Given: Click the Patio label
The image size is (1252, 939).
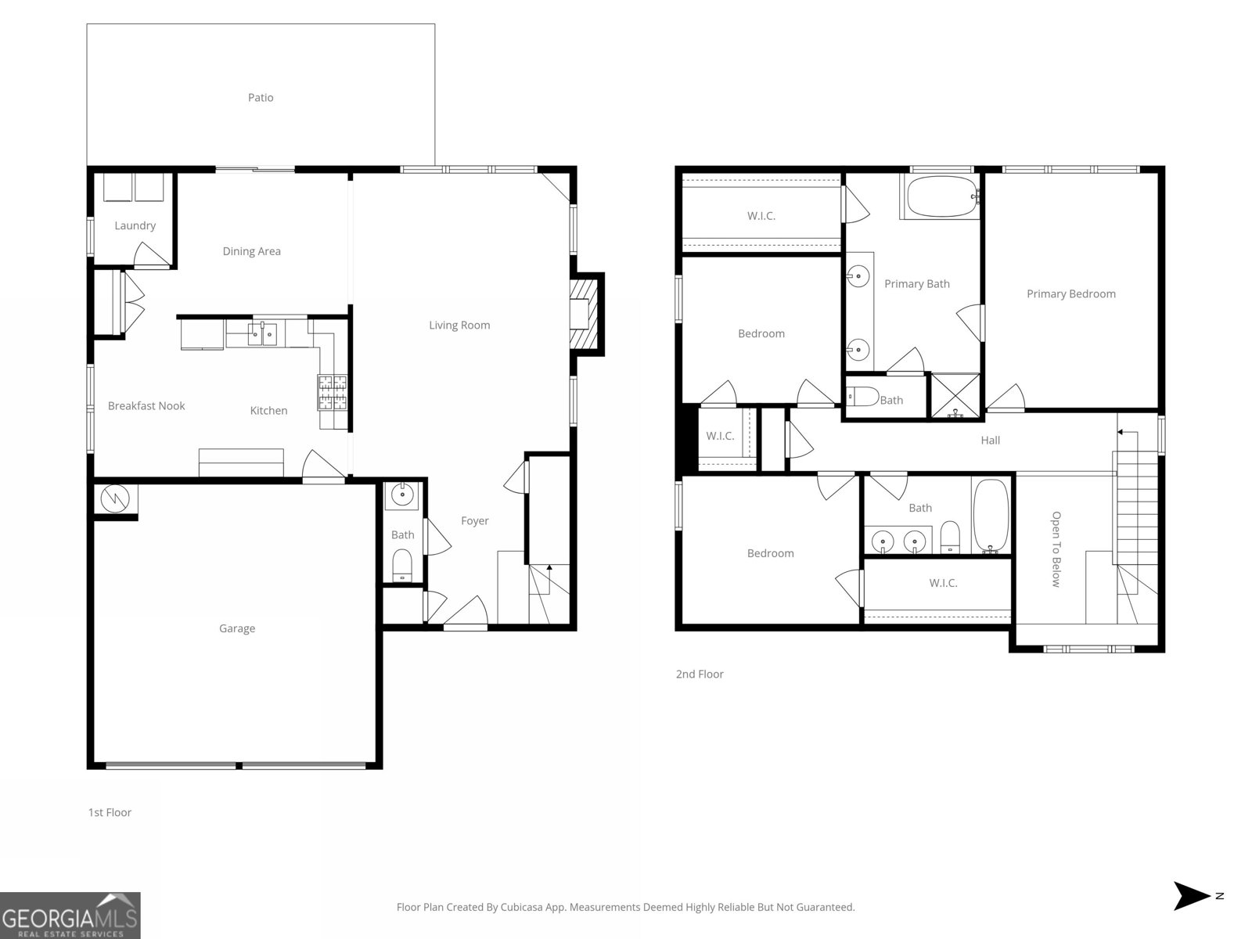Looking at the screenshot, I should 261,98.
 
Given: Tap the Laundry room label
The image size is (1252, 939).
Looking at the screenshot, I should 135,225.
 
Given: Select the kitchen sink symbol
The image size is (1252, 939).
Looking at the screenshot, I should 262,334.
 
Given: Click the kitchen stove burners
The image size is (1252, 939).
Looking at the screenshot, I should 332,393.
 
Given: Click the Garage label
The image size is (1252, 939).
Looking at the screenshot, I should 236,628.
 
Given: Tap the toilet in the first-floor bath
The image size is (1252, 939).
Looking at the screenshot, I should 402,564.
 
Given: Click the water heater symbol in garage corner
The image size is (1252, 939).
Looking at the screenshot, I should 115,498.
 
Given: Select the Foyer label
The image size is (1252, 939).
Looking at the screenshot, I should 474,520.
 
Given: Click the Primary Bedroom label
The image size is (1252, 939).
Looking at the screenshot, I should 1070,294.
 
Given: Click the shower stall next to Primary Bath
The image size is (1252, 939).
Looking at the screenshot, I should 954,396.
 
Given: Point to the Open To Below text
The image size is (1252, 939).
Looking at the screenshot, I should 1056,549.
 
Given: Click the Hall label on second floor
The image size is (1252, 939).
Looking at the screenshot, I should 990,441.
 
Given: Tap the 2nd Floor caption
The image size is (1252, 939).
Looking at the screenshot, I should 700,674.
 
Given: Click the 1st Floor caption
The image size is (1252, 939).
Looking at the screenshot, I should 110,812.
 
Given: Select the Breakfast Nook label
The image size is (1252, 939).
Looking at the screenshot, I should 146,405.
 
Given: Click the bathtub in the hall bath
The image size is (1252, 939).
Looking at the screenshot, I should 991,517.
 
